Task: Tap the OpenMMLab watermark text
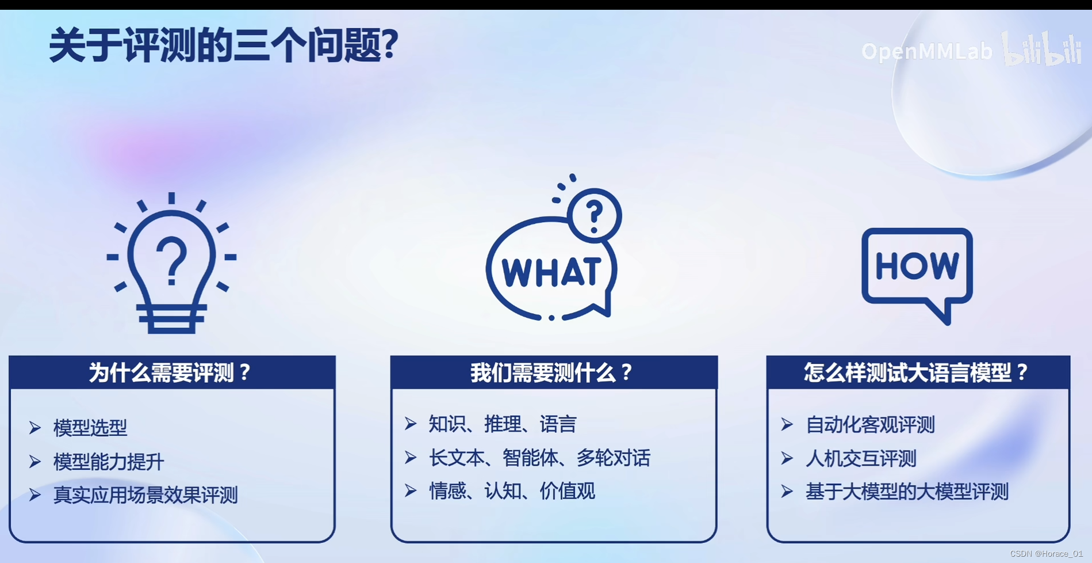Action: click(926, 52)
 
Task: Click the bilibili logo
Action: click(1042, 50)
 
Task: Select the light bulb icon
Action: click(171, 265)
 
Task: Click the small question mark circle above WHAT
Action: click(595, 215)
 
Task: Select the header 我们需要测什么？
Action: click(553, 372)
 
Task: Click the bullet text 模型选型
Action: click(90, 428)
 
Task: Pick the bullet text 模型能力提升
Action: click(109, 462)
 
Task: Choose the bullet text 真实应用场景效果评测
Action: click(145, 495)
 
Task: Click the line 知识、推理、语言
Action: click(502, 424)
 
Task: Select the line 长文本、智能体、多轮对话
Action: click(539, 458)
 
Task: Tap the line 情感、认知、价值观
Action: click(512, 491)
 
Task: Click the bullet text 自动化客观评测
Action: click(870, 425)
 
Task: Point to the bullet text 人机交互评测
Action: click(861, 459)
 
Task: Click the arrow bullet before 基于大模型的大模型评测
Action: click(787, 492)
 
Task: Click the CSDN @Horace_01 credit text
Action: click(1046, 554)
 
